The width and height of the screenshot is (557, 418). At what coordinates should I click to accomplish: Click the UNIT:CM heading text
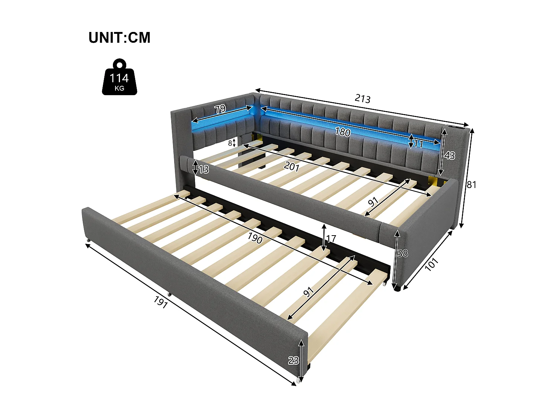pos(120,38)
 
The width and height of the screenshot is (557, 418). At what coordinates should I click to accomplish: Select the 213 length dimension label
pos(362,98)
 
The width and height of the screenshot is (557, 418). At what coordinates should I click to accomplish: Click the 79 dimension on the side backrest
pos(220,109)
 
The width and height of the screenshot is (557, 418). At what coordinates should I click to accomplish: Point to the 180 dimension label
pos(342,132)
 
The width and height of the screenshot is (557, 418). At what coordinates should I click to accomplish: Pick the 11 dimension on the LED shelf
pos(418,144)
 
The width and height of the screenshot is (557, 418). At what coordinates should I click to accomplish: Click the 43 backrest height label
pos(449,155)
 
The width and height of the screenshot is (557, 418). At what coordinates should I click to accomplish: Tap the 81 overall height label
pos(471,184)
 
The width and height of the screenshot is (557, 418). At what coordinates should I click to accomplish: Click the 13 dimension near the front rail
pos(203,169)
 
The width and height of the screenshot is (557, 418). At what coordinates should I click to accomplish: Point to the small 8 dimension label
pos(230,143)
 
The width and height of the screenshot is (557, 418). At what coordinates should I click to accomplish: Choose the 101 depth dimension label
pos(431,264)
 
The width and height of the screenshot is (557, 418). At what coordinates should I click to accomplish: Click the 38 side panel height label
pos(403,253)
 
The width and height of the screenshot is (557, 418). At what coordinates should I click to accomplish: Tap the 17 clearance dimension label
pos(331,239)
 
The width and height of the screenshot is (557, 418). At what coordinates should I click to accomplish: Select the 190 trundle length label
pos(255,238)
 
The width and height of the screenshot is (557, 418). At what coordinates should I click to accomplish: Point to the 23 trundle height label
pos(293,360)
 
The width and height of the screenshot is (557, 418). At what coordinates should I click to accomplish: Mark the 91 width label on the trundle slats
pos(309,292)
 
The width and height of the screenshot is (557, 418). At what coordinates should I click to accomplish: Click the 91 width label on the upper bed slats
pos(373,202)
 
